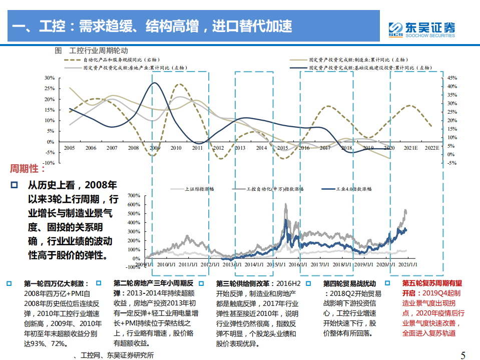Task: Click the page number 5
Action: click(462, 355)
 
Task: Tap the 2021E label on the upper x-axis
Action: click(410, 148)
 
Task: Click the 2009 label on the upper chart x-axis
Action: click(155, 148)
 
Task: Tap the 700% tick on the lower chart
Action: click(135, 195)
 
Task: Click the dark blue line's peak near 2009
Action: click(155, 83)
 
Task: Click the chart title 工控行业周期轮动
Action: click(99, 51)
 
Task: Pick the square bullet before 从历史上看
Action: click(14, 185)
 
